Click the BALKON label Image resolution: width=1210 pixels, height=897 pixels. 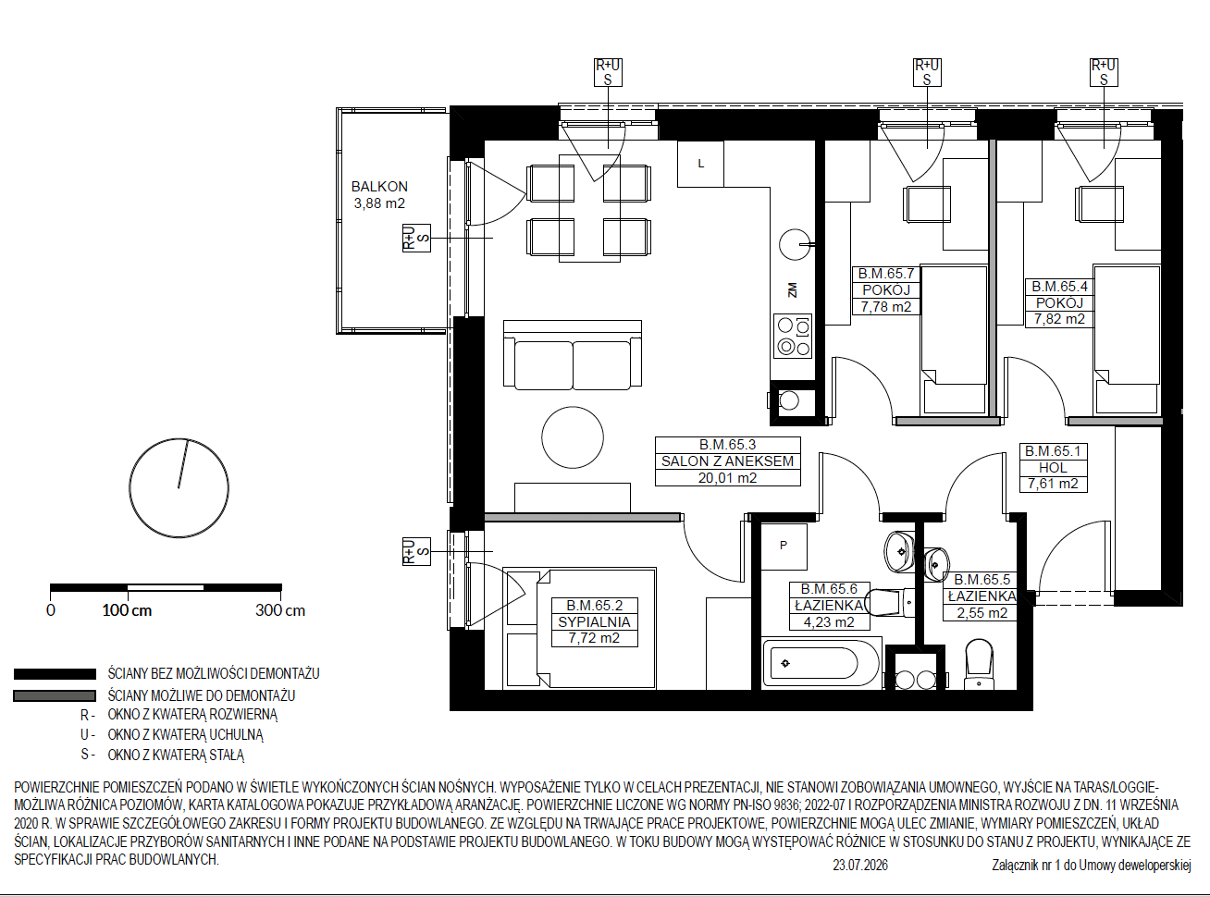click(379, 187)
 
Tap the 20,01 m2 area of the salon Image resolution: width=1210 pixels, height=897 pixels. click(727, 478)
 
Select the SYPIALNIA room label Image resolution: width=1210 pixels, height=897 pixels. click(594, 621)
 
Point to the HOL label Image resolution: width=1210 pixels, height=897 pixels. click(1053, 467)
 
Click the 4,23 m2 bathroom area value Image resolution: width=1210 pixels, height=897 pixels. click(829, 622)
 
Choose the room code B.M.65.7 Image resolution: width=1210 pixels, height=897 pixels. click(885, 273)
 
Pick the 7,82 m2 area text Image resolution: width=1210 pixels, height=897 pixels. click(1059, 319)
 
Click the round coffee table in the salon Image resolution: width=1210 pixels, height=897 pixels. click(573, 437)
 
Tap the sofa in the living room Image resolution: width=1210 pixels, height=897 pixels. click(573, 355)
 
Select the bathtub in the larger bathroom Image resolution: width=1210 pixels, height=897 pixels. click(821, 663)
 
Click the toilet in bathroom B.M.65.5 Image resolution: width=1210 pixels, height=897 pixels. click(979, 664)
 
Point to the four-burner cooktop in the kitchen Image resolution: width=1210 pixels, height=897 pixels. click(793, 336)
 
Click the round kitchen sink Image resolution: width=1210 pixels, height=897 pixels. click(795, 245)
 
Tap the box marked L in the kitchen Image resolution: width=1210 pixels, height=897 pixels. click(700, 164)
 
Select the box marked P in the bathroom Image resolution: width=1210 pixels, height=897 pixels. click(784, 547)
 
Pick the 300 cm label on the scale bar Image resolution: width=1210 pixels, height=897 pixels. click(280, 610)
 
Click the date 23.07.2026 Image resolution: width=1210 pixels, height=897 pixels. click(860, 866)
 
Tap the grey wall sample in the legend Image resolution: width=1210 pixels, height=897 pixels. click(55, 696)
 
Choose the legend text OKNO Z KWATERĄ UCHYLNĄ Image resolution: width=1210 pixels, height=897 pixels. click(186, 735)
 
